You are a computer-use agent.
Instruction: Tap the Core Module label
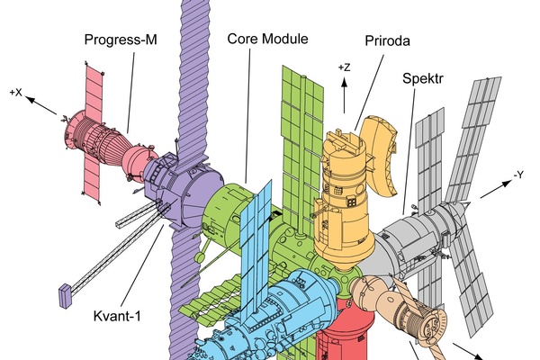[x=267, y=40]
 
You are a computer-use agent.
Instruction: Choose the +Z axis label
[x=344, y=67]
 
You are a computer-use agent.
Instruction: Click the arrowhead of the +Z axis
[x=344, y=79]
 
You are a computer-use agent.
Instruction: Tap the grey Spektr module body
[x=423, y=229]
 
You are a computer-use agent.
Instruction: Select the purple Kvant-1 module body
[x=184, y=193]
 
